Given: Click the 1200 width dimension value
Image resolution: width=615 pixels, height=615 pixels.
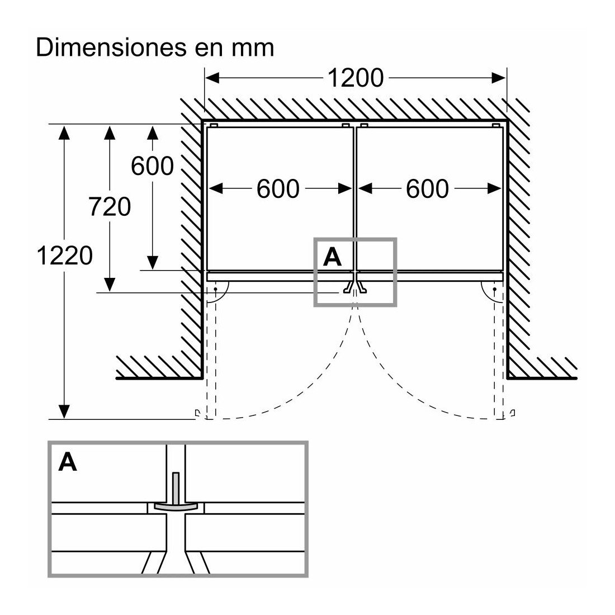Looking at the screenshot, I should click(355, 78).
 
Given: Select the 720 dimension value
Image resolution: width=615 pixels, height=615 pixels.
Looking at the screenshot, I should click(110, 207).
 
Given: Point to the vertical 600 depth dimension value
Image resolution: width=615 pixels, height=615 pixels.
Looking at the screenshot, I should click(152, 165).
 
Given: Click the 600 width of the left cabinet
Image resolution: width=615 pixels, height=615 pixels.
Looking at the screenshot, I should click(278, 189).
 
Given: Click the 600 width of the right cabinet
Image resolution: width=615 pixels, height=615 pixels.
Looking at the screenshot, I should click(427, 189).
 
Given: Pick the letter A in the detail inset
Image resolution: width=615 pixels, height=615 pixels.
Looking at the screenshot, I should click(68, 462).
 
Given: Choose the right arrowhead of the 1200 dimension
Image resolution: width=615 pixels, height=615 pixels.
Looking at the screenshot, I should click(499, 78).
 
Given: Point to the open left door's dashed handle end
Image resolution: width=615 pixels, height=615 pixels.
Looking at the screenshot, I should click(196, 414).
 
